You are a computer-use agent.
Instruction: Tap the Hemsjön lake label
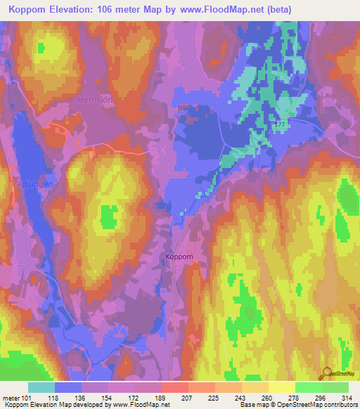click(88, 101)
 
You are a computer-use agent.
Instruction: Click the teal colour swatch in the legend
click(41, 387)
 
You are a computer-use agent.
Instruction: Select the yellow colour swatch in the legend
click(281, 387)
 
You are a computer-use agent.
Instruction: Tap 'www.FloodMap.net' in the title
click(217, 9)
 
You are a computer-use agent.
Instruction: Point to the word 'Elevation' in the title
click(77, 9)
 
